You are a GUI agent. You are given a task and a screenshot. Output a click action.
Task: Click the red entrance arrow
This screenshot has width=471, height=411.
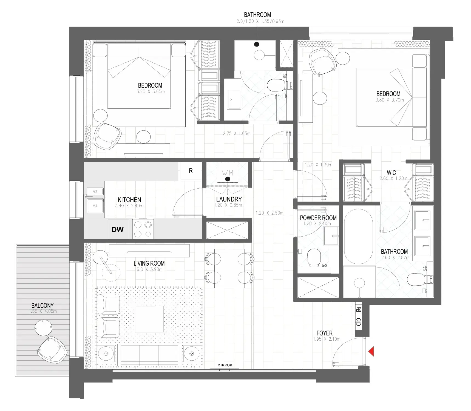click(x=371, y=351)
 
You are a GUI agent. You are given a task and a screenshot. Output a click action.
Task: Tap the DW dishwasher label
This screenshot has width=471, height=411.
click(x=117, y=229)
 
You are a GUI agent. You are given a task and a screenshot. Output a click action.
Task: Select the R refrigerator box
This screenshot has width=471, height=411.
click(x=191, y=171)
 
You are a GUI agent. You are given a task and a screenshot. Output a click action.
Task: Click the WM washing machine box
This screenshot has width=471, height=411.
click(x=227, y=173)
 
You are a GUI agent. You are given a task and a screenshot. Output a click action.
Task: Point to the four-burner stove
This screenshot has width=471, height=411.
click(x=143, y=229)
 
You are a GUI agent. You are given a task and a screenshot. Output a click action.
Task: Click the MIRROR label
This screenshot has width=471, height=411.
click(x=225, y=365)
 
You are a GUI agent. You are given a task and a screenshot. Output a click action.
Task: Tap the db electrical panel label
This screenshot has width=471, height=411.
click(x=359, y=321)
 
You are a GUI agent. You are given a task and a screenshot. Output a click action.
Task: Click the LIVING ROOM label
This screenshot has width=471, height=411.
click(x=149, y=263)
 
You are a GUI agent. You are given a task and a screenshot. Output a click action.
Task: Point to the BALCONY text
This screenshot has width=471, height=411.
click(x=42, y=305)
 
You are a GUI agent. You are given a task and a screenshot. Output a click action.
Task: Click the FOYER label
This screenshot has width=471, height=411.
click(x=324, y=333)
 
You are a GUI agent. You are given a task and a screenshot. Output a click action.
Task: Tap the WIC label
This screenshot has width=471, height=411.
click(x=391, y=173)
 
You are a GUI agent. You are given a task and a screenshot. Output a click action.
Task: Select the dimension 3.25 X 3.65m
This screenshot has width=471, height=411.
click(x=151, y=92)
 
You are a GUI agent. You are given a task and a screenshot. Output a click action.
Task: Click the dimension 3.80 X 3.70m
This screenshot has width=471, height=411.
click(x=390, y=100)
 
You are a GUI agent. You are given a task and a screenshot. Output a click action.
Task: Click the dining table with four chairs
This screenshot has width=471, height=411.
click(x=229, y=268)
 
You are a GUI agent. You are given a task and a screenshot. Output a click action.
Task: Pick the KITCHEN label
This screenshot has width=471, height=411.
click(x=129, y=200)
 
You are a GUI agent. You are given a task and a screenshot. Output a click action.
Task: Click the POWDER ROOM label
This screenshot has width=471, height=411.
click(x=318, y=218)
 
